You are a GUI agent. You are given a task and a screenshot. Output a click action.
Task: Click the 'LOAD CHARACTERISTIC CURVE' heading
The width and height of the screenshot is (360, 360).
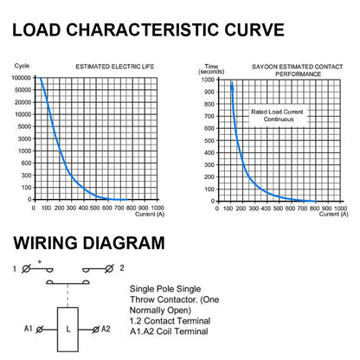[148, 29]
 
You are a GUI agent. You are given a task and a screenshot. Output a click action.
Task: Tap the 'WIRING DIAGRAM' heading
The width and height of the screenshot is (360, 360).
[89, 242]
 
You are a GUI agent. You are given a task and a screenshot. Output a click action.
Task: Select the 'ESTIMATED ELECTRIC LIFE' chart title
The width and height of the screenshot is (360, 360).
[115, 67]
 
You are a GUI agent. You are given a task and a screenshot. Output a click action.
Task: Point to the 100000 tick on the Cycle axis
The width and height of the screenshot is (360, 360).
[21, 78]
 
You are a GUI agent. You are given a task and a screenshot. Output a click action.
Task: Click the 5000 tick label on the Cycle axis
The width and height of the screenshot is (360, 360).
[24, 126]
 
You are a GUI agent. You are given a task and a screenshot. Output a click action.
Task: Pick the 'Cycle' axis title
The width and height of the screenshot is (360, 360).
[22, 66]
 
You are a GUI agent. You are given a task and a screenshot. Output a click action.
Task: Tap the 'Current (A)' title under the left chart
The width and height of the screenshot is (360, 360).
[150, 214]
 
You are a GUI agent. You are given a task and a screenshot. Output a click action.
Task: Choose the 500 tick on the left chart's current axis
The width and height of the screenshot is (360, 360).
[94, 208]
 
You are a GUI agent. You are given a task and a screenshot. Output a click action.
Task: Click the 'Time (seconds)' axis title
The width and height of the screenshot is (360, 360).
[211, 69]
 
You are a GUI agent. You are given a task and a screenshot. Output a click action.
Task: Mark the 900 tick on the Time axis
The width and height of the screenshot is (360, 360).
[209, 92]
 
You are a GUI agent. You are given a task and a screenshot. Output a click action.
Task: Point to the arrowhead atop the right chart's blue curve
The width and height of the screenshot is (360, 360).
[232, 86]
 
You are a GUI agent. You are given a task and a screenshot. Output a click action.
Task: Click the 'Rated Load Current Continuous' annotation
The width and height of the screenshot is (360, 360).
[277, 115]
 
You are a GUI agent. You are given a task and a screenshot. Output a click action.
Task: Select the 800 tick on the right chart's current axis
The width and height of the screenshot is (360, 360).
[314, 209]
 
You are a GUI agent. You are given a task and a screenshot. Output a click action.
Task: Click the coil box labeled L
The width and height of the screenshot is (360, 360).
[67, 329]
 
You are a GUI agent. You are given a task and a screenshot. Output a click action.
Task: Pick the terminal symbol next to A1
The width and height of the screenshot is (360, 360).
[40, 330]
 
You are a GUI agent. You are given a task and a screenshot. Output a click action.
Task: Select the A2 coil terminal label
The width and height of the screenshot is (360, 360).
[106, 329]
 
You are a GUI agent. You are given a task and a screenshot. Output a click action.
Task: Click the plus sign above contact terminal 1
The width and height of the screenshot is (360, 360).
[40, 261]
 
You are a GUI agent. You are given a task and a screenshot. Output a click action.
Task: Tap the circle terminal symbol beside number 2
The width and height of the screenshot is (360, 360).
[109, 269]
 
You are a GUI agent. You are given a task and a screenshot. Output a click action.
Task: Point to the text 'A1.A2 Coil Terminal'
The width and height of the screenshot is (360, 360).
[169, 331]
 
